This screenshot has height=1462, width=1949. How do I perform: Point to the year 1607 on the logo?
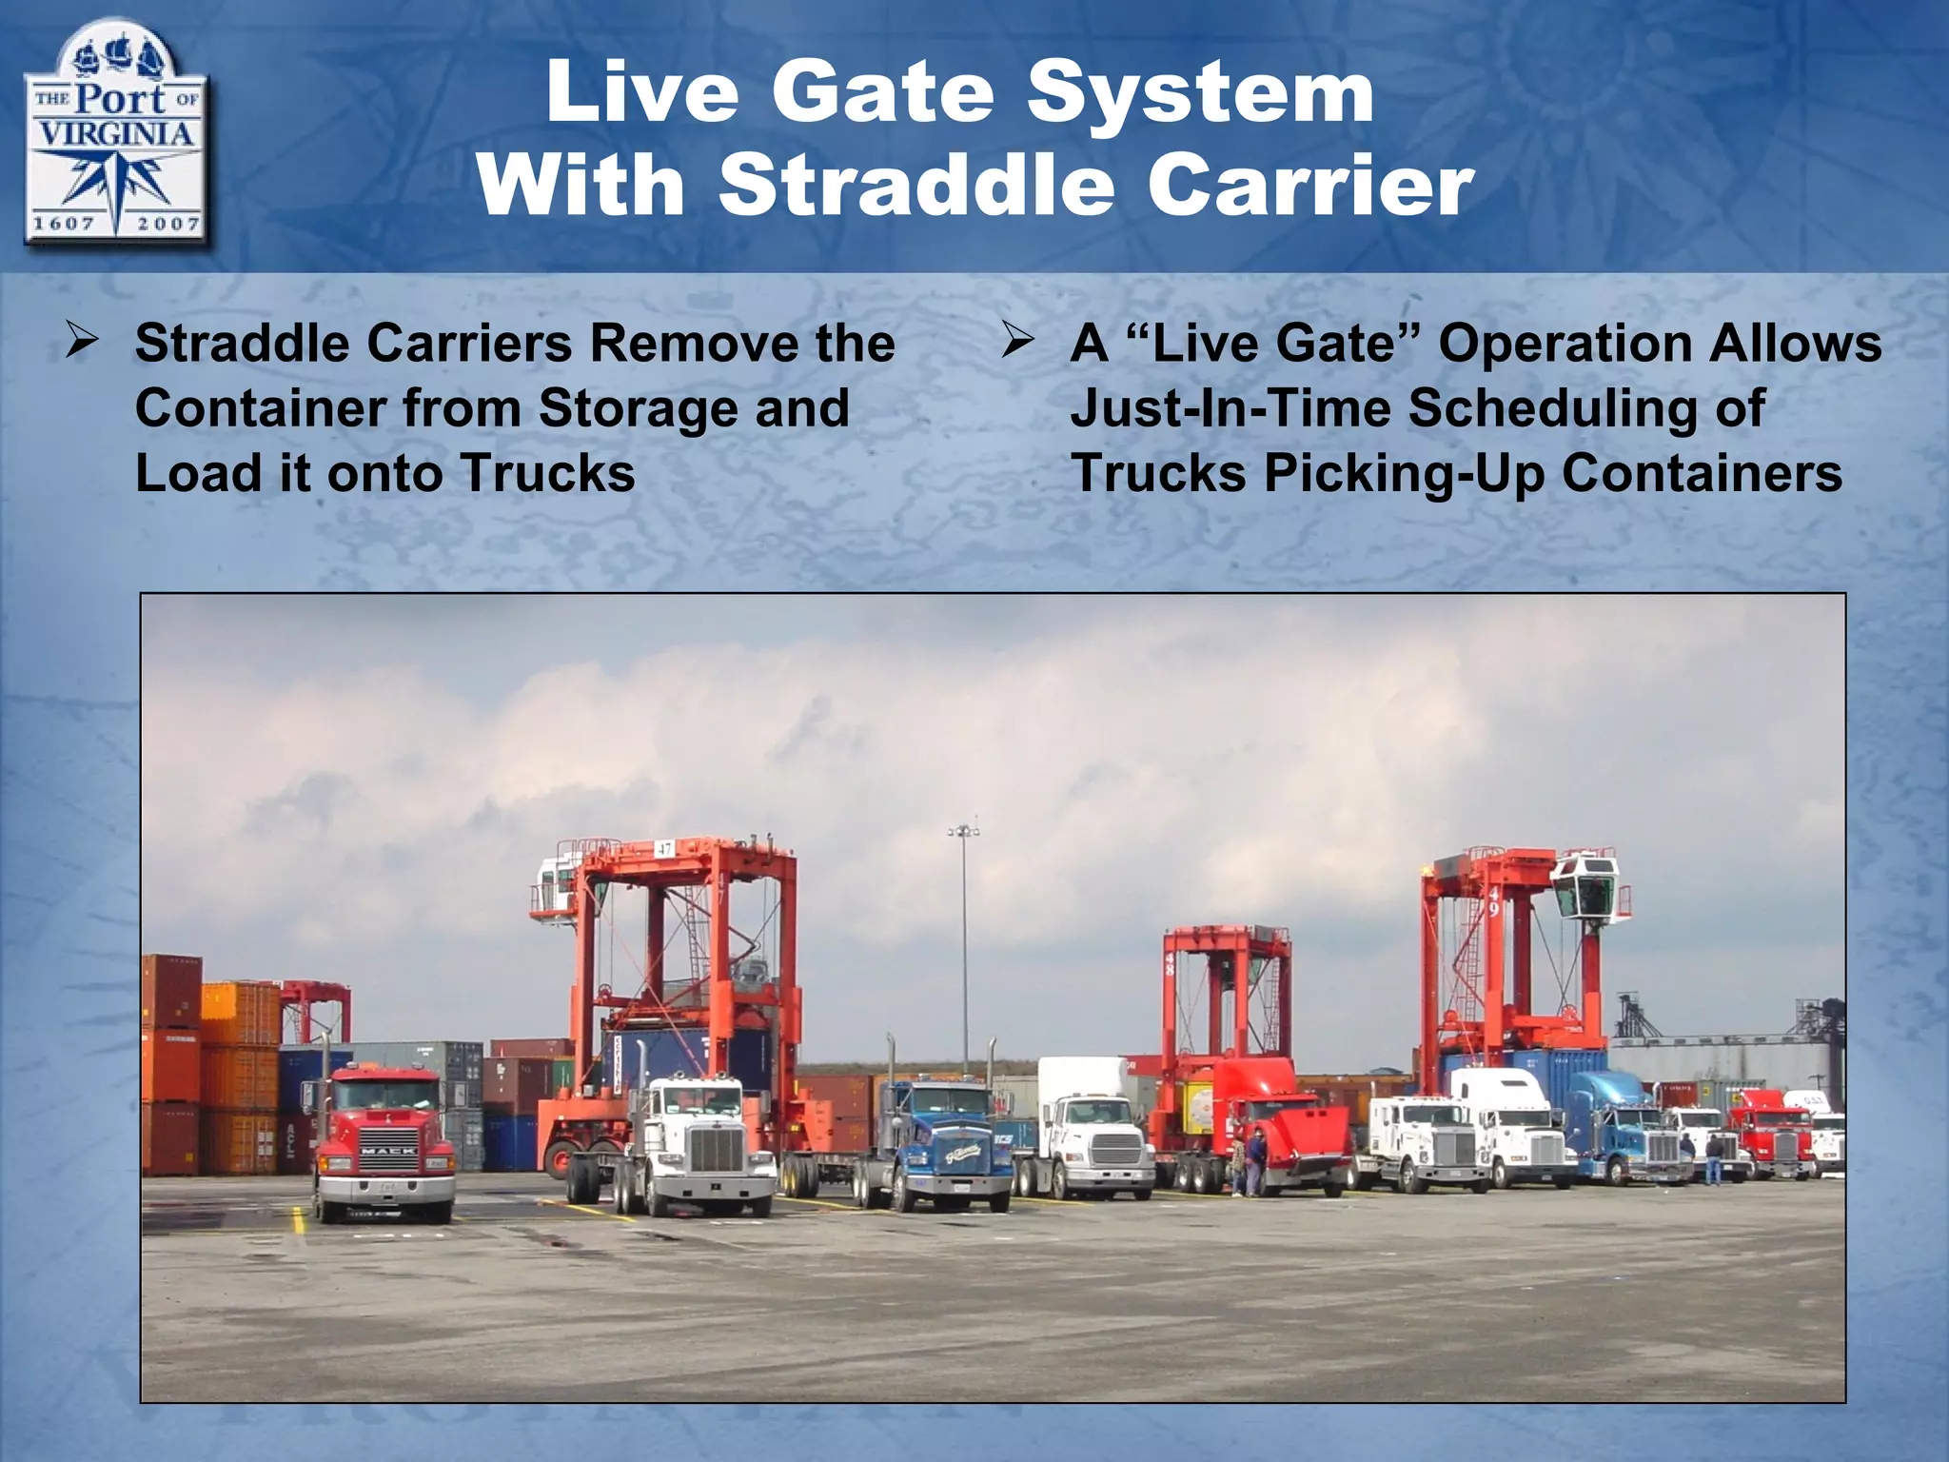(64, 225)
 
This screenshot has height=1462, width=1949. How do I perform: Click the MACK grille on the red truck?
(386, 1152)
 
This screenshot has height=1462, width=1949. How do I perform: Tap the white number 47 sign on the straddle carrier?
(663, 848)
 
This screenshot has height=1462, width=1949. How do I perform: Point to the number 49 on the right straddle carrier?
(1493, 901)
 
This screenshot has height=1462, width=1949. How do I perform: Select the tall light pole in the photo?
(964, 952)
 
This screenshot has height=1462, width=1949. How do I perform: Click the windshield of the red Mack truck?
(384, 1096)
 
